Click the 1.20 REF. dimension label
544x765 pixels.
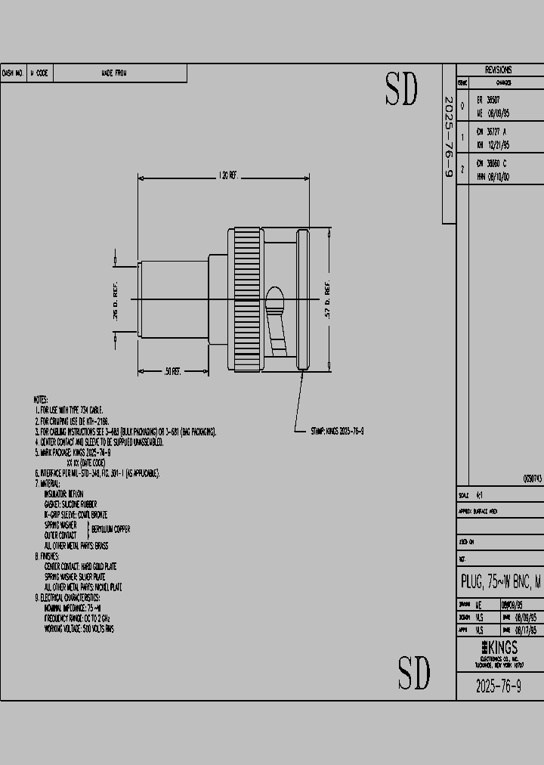coord(227,175)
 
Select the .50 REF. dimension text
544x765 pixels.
coord(172,371)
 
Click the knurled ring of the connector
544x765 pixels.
coord(248,299)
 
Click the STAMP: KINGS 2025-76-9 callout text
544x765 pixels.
coord(338,431)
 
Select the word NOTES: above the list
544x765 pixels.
coord(41,399)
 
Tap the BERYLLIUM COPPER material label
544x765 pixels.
coord(110,529)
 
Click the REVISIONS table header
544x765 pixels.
coord(498,69)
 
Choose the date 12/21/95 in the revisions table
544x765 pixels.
coord(498,144)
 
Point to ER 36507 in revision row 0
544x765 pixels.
coord(488,100)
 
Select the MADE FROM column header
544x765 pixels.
coord(114,73)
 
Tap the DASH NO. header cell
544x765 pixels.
coord(14,73)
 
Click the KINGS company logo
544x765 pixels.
coord(499,649)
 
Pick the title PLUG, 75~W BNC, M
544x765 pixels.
coord(501,581)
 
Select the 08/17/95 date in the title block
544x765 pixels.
coord(526,629)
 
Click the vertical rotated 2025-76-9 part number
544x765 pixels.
coord(448,138)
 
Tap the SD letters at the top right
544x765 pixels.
coord(401,91)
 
